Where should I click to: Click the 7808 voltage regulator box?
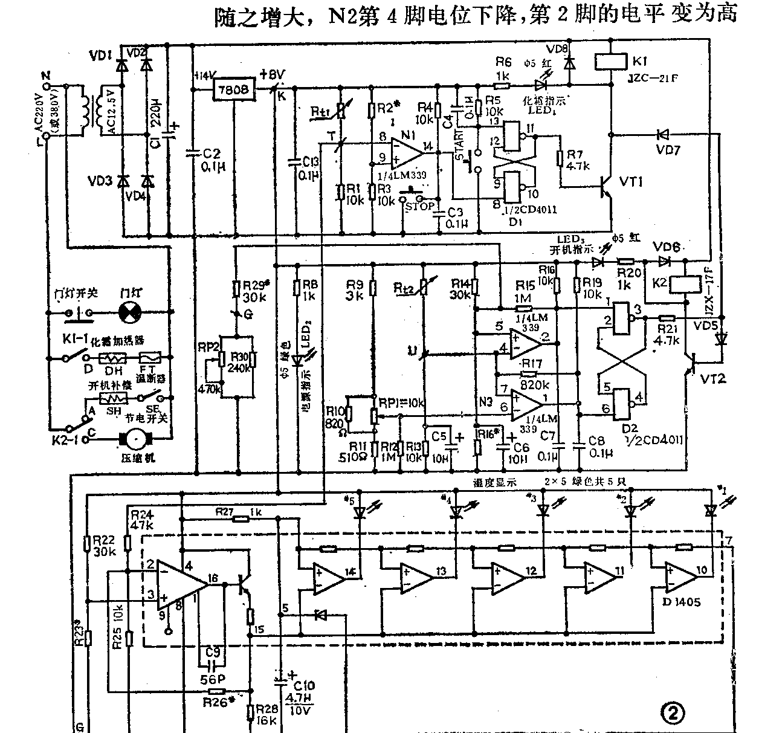pyautogui.click(x=233, y=90)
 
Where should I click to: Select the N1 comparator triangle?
pyautogui.click(x=404, y=152)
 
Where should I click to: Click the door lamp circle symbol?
pyautogui.click(x=129, y=313)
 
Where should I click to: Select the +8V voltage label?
pyautogui.click(x=272, y=75)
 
